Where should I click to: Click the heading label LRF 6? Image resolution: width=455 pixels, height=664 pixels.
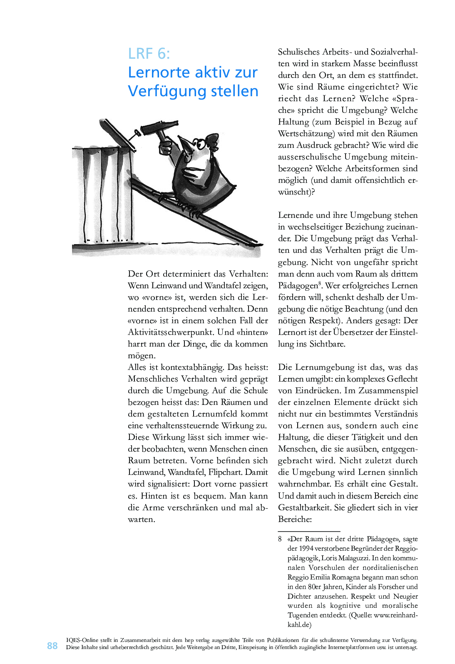[149, 54]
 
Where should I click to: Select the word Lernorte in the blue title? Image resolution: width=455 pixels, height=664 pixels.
[159, 72]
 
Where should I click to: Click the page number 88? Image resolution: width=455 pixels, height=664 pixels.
[52, 646]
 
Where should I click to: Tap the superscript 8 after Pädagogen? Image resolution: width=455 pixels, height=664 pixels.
[320, 284]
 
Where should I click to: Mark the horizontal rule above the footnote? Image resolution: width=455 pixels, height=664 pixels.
[309, 532]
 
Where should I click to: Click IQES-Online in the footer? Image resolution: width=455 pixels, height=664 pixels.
[82, 640]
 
